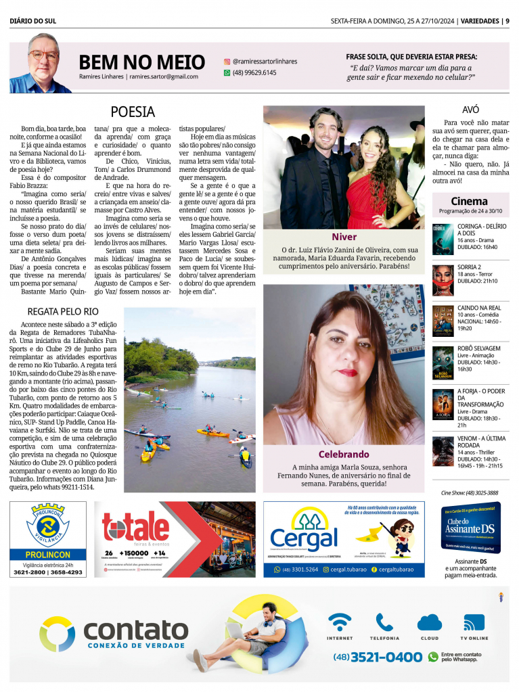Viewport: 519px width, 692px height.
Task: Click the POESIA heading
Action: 133,112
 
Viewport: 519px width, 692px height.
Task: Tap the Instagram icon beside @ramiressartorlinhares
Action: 227,61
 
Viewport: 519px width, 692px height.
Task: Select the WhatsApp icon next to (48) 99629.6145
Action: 227,72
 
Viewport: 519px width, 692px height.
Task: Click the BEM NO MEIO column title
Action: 141,62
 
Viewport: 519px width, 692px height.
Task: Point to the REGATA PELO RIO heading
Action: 63,311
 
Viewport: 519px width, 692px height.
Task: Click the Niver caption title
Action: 344,237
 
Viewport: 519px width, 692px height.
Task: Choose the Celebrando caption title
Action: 344,454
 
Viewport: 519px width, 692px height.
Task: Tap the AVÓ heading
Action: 470,108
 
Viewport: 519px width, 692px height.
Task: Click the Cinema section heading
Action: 469,201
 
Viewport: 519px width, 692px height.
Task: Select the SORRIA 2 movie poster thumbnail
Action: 443,279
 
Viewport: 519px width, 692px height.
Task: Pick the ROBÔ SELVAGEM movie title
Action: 478,348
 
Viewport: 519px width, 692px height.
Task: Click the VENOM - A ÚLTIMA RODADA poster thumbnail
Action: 443,451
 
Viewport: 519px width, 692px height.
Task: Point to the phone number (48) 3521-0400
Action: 378,656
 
